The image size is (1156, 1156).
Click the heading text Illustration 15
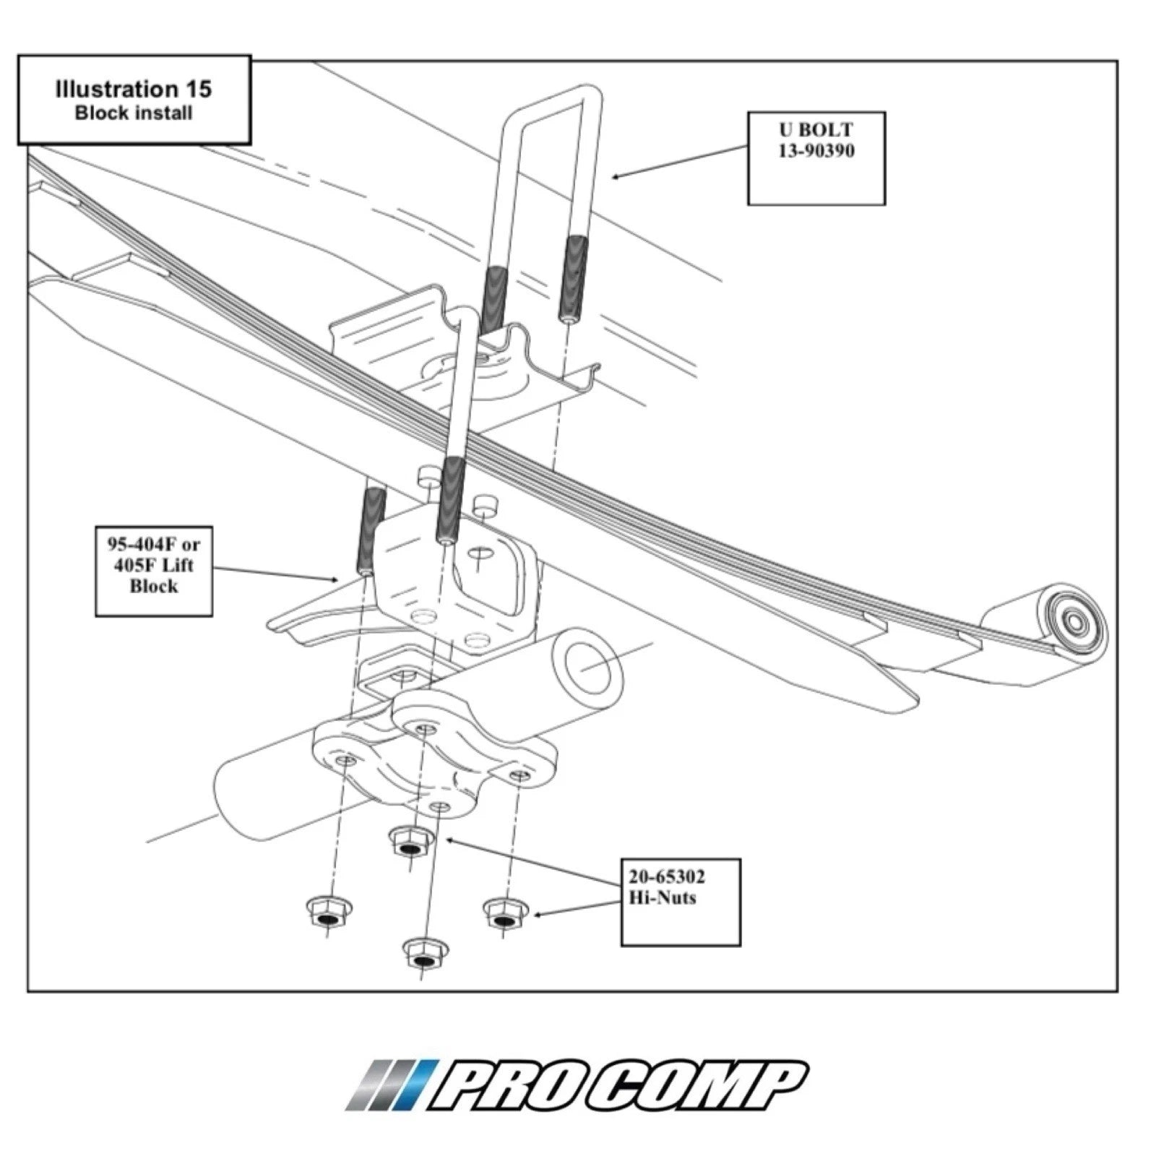(134, 90)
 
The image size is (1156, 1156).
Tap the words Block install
(134, 113)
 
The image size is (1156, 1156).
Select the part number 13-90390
(816, 151)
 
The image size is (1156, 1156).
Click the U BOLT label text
(816, 130)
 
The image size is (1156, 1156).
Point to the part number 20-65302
(666, 877)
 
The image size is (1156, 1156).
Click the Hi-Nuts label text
(662, 898)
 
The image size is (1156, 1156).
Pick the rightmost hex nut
(504, 913)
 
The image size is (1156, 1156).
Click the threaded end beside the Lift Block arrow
(371, 531)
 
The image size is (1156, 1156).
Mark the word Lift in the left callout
(175, 565)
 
